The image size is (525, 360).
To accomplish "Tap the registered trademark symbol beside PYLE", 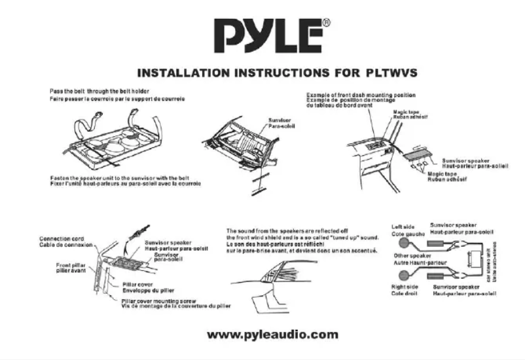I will pos(325,24).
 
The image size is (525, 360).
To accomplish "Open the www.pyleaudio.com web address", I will pos(272,334).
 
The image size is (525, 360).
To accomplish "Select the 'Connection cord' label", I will pos(63,238).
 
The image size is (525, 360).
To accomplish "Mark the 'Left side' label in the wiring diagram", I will pos(405,227).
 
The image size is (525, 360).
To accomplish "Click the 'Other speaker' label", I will pos(413,254).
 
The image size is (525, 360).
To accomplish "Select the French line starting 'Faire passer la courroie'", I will pos(117,99).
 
